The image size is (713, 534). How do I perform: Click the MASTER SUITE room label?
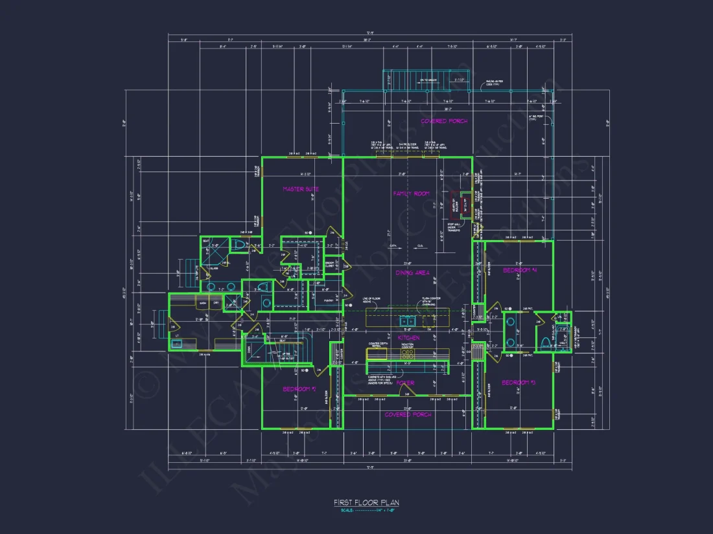tap(301, 189)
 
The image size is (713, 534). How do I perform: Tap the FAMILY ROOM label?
tap(412, 194)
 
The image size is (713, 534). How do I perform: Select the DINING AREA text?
tap(413, 273)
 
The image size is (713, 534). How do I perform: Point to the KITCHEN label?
tap(408, 338)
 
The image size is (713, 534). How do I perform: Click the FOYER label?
tap(406, 383)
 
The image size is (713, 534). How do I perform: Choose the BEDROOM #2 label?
tap(299, 389)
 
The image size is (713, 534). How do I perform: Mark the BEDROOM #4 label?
tap(520, 270)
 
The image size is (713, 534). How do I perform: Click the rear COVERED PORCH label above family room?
tap(444, 121)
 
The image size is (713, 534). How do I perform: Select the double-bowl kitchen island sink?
tap(408, 320)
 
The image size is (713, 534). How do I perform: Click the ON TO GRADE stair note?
tap(428, 80)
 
